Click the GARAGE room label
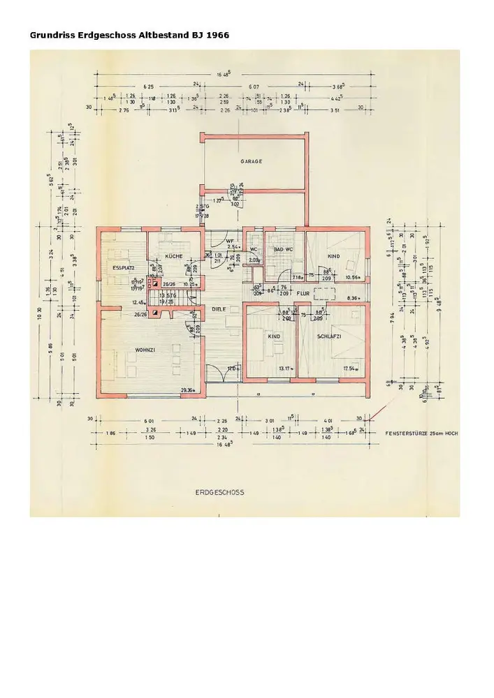click(252, 161)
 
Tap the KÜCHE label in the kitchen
click(175, 256)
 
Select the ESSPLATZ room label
click(123, 268)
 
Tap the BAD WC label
click(283, 249)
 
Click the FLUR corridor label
click(303, 294)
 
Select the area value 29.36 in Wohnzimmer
click(187, 389)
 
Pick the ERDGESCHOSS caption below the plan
click(219, 492)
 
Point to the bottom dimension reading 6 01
click(147, 419)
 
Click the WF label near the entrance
click(229, 241)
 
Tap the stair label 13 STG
click(168, 296)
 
